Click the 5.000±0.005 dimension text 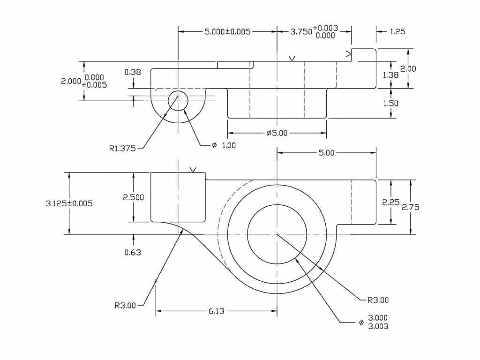click(227, 32)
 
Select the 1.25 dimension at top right click(397, 32)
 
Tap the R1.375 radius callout click(122, 149)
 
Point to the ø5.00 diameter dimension click(277, 133)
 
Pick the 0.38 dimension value click(133, 72)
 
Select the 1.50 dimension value click(391, 104)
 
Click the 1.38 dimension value click(391, 75)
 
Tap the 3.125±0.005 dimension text click(69, 203)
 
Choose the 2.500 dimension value click(134, 197)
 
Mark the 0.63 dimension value click(133, 252)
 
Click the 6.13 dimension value click(216, 311)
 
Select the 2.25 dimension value click(390, 202)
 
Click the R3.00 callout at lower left click(125, 305)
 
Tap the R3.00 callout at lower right click(378, 300)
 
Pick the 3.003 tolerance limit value click(378, 326)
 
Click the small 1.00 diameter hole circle click(178, 101)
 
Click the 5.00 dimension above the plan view click(327, 152)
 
